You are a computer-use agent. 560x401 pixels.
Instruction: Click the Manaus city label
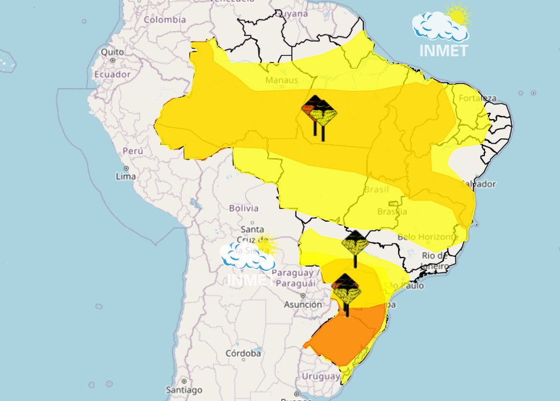point(281,81)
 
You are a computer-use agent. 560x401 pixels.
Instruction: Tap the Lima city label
point(125,176)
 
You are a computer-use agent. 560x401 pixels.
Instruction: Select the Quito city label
point(112,52)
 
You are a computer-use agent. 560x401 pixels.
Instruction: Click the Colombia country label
point(165,20)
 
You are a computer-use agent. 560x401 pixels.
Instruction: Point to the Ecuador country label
point(112,74)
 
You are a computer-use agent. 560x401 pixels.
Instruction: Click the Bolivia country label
point(243,208)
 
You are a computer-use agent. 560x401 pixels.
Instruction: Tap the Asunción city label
point(303,305)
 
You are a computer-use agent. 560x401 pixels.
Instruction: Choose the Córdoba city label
point(243,353)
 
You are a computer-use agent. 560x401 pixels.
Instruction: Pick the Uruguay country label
point(320,376)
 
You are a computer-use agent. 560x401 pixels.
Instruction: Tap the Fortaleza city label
point(477,98)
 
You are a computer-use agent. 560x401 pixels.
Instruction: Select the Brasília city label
point(392,212)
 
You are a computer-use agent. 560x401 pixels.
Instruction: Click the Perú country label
point(132,151)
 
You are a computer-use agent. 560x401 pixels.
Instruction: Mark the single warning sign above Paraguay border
point(354,244)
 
